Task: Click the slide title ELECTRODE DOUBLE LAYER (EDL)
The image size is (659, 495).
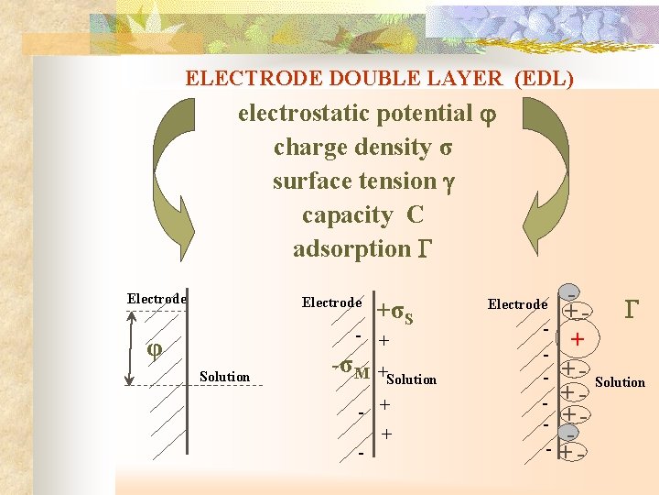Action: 379,79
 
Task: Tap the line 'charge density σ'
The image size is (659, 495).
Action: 364,148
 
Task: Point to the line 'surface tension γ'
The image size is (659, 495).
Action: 363,181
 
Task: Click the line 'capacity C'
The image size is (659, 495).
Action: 362,215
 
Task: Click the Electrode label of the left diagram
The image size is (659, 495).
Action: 157,298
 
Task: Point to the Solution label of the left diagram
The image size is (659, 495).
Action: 224,377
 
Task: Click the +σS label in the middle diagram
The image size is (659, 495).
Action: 395,313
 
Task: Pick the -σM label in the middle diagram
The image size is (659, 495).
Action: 350,368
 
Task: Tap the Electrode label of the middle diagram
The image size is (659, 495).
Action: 331,302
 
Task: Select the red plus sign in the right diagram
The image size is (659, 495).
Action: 577,341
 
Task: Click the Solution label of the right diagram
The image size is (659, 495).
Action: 620,381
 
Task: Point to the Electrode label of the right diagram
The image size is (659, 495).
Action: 517,304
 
